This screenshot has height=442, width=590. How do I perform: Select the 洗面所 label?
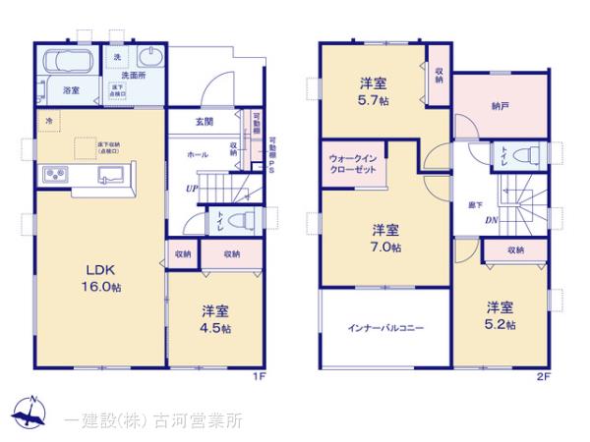(x=133, y=75)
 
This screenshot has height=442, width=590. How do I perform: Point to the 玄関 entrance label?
(x=204, y=122)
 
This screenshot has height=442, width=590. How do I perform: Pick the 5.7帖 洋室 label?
(x=372, y=91)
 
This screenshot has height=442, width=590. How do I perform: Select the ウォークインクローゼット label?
(x=352, y=161)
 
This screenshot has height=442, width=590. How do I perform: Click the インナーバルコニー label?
(x=384, y=329)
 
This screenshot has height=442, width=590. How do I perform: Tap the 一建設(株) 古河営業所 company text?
(x=152, y=419)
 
